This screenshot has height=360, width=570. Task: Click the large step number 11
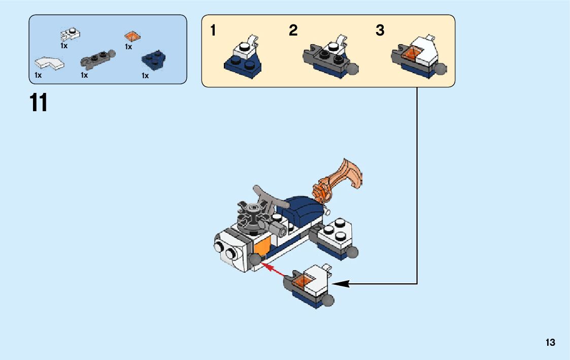39,103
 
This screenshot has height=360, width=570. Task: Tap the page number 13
550,343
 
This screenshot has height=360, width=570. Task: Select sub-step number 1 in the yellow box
213,31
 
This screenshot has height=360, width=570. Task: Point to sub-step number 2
293,31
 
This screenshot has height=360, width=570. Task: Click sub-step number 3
380,31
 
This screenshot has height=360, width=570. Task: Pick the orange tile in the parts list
132,37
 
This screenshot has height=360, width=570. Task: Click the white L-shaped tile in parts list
49,63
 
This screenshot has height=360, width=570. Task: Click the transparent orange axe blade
350,173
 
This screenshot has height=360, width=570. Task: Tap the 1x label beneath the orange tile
128,47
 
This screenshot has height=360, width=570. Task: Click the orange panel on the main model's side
263,247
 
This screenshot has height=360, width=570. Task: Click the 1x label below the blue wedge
145,76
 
